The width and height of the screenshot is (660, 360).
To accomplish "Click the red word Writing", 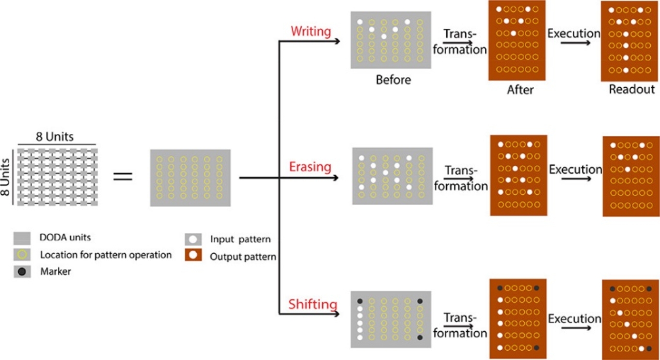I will (311, 31).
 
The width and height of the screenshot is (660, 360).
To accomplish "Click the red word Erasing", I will (310, 167).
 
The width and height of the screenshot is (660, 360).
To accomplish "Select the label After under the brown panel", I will (520, 90).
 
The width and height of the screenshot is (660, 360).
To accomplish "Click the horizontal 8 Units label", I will (55, 137).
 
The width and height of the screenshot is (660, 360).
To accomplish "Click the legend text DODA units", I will (58, 238).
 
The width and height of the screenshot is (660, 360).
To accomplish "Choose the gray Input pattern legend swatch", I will (193, 240).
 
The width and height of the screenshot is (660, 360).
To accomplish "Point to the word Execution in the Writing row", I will (574, 34).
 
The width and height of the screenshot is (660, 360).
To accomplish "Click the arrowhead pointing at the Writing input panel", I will (337, 41).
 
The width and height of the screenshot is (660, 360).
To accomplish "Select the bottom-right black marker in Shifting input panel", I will (419, 337).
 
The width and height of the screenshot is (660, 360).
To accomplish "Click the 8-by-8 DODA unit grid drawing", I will (56, 176).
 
